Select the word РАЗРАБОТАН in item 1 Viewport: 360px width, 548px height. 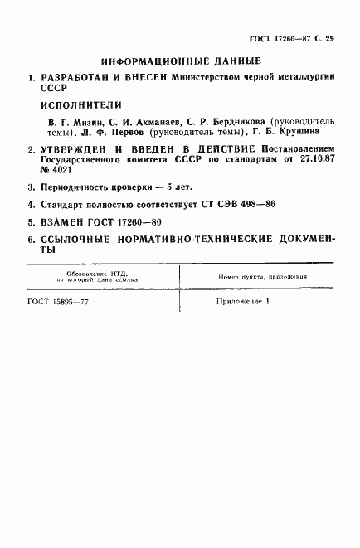pos(73,80)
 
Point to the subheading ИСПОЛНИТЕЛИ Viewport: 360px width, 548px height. pos(81,105)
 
